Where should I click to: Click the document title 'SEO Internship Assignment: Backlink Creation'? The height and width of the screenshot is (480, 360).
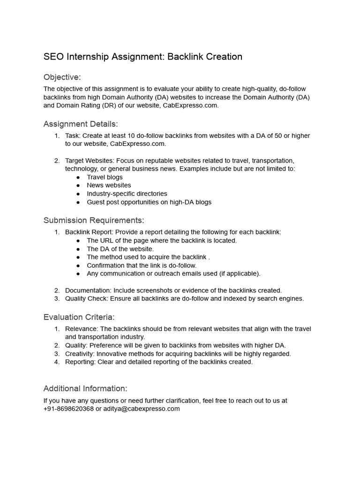pyautogui.click(x=143, y=57)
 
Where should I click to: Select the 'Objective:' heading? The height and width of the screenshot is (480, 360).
pyautogui.click(x=62, y=77)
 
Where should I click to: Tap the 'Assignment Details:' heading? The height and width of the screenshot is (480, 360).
pyautogui.click(x=81, y=124)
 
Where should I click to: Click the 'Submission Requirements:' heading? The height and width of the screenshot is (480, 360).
pyautogui.click(x=94, y=220)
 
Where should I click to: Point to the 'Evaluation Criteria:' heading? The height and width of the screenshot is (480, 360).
pyautogui.click(x=79, y=317)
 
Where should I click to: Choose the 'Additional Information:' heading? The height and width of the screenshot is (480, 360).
pyautogui.click(x=85, y=389)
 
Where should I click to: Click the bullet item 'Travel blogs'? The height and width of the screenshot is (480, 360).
pyautogui.click(x=105, y=177)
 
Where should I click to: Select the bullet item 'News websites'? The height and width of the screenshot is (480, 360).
pyautogui.click(x=109, y=185)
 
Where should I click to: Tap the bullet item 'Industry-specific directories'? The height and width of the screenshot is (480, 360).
pyautogui.click(x=127, y=194)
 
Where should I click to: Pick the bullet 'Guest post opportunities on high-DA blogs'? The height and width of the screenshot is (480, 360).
pyautogui.click(x=149, y=202)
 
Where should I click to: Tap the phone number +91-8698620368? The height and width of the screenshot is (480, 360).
pyautogui.click(x=68, y=409)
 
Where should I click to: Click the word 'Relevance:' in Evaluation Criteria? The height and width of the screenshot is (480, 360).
pyautogui.click(x=81, y=329)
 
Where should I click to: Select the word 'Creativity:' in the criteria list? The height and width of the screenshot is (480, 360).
pyautogui.click(x=81, y=354)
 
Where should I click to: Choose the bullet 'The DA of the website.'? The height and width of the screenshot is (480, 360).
pyautogui.click(x=120, y=249)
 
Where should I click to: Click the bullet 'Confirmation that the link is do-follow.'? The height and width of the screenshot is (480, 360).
pyautogui.click(x=142, y=265)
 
